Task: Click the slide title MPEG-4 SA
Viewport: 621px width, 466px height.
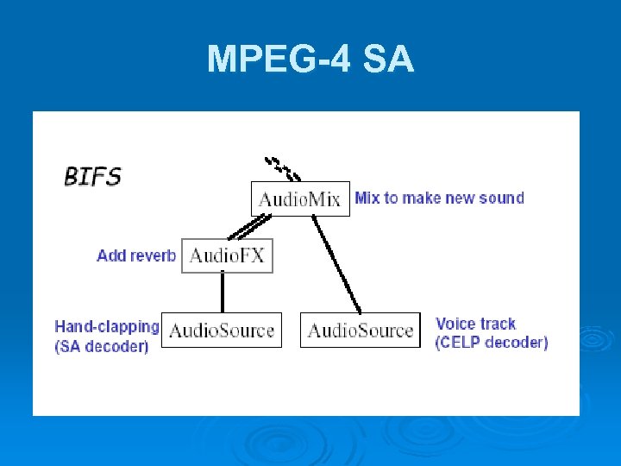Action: [x=310, y=60]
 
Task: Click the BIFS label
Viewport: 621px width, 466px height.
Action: [x=92, y=177]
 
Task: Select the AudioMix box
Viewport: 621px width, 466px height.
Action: [x=300, y=198]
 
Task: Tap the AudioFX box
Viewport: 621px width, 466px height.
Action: [x=227, y=255]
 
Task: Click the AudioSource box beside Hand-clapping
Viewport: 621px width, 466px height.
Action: [x=222, y=330]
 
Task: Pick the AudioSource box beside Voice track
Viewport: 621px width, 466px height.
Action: [x=361, y=330]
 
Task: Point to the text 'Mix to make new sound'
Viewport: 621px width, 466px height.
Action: [x=439, y=198]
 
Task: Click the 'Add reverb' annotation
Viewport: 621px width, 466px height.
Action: [x=136, y=255]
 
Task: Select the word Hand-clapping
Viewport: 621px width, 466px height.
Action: [x=107, y=326]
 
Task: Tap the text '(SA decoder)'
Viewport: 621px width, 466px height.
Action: [x=102, y=346]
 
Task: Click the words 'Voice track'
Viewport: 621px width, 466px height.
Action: [x=475, y=324]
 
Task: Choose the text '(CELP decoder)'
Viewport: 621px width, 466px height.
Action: [x=491, y=343]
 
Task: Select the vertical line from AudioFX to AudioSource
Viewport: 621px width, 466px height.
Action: [x=223, y=292]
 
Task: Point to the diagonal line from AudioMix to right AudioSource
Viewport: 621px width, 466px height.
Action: [x=337, y=263]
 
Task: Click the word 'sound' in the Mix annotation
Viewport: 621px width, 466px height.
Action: [x=503, y=198]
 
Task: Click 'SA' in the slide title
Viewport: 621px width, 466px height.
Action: [x=388, y=60]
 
